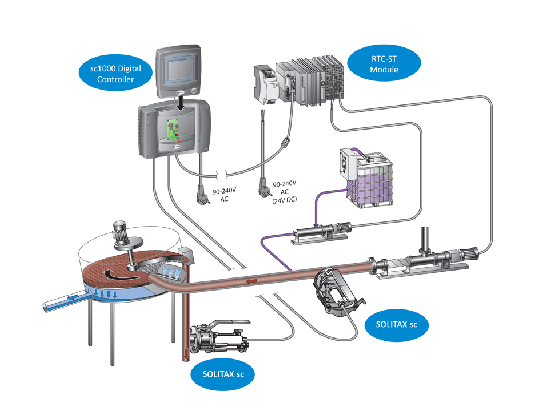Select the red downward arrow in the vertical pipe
click(185, 355)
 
